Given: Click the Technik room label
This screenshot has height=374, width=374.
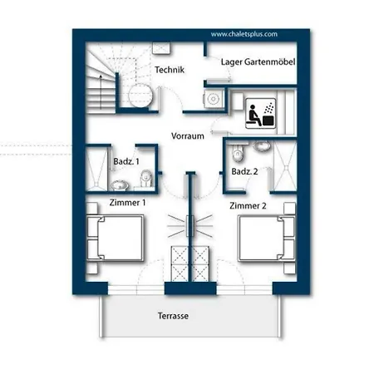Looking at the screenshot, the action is click(x=170, y=70).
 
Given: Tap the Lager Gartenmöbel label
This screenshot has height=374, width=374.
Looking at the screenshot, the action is click(x=258, y=62).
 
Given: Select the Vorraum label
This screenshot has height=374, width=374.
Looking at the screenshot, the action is click(x=188, y=136).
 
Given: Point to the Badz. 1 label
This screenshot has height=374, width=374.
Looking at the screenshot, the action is click(x=126, y=161).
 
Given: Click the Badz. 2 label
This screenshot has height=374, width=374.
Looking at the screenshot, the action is click(x=244, y=171).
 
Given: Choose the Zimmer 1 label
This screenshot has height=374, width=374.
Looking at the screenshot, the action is click(x=127, y=203).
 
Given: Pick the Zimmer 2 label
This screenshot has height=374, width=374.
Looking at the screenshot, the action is click(x=248, y=206).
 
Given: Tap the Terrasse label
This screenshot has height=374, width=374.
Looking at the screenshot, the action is click(x=173, y=316).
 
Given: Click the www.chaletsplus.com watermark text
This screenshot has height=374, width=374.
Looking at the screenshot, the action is click(x=244, y=34).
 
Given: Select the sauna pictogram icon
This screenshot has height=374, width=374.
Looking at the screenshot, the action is click(x=261, y=113).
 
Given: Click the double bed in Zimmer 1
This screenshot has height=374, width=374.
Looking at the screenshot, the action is click(x=116, y=238).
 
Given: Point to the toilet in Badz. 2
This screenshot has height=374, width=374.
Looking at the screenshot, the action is click(x=238, y=153).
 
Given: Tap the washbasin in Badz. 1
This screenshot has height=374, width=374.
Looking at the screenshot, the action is click(x=120, y=185).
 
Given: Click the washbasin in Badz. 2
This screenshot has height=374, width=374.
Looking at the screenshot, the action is click(x=262, y=145).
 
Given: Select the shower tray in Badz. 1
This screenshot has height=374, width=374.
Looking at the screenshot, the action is click(x=96, y=168).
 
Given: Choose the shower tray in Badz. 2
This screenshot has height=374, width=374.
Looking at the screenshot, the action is click(x=285, y=166).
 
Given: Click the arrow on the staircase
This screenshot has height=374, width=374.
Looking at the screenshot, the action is click(x=101, y=91).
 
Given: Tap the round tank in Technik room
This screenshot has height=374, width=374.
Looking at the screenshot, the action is click(x=140, y=96).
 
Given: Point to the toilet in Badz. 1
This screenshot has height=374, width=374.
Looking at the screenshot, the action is click(x=146, y=178).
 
